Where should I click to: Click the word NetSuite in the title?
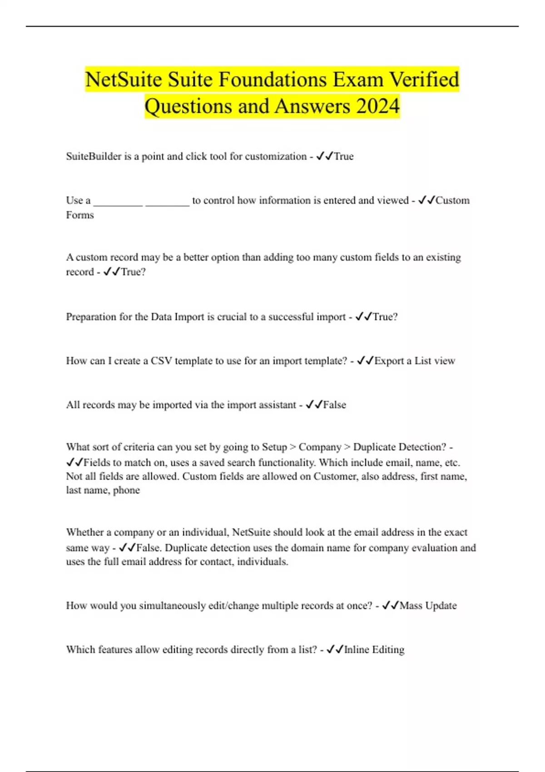tap(124, 80)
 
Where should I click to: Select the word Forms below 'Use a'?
tap(80, 215)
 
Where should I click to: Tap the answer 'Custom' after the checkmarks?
tap(452, 200)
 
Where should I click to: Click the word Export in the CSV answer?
tap(389, 361)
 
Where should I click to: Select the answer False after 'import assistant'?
tap(334, 405)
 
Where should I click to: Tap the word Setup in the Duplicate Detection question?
tap(274, 447)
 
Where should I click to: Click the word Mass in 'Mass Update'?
tap(411, 606)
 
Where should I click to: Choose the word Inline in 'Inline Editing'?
tap(357, 650)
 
